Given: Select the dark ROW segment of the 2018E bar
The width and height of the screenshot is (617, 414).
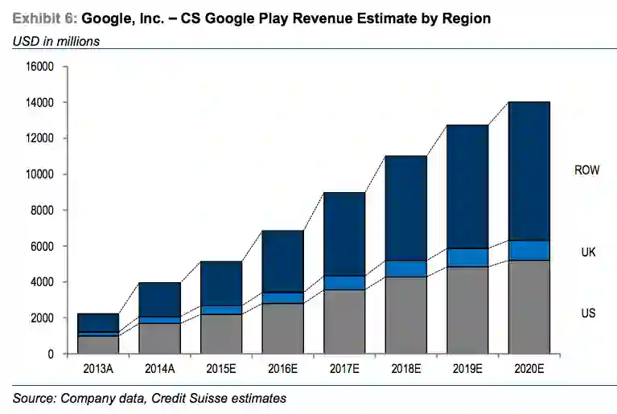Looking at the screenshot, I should (x=406, y=208).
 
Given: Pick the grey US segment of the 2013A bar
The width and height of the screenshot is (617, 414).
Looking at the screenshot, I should (x=98, y=344).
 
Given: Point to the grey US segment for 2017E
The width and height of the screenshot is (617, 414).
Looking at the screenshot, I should (x=343, y=321).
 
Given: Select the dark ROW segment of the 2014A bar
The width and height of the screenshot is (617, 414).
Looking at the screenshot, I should (x=159, y=299).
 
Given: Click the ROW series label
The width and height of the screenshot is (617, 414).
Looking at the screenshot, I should (x=586, y=170).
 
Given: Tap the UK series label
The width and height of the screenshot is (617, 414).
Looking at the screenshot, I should (x=588, y=252).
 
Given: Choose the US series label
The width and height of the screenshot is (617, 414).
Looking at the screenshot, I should (x=588, y=313).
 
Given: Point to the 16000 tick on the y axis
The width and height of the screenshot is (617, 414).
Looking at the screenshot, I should (x=39, y=67).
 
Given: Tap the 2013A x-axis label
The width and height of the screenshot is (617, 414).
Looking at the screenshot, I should (x=98, y=368).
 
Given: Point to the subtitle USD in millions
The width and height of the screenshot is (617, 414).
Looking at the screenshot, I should (x=56, y=41).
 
